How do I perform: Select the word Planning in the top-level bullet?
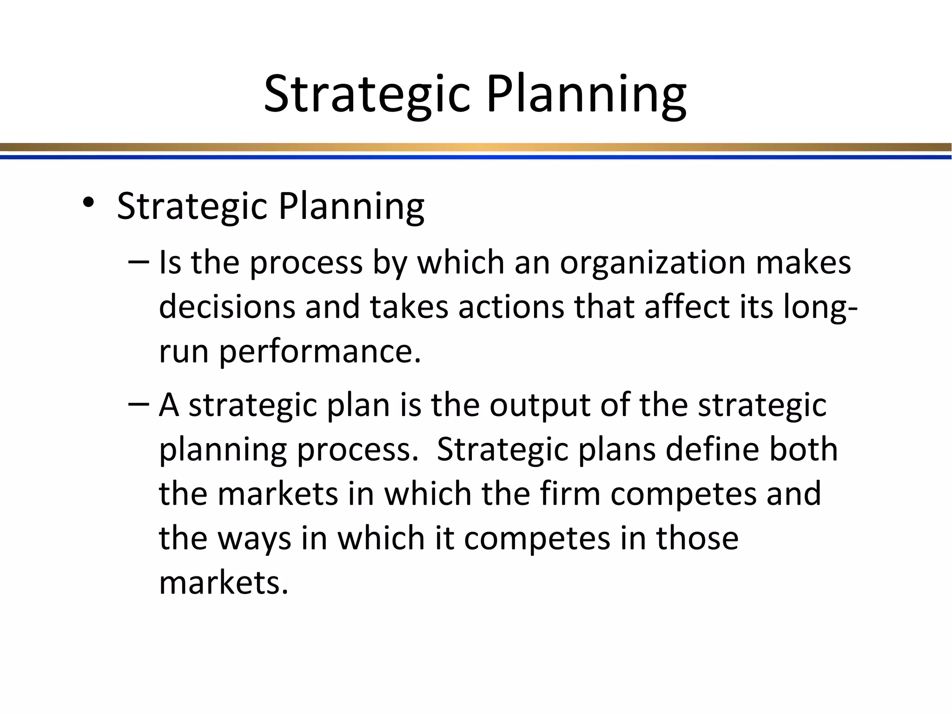351,207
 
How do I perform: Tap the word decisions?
227,308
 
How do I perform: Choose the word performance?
320,352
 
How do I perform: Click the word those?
697,538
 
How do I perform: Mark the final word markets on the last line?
224,582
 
